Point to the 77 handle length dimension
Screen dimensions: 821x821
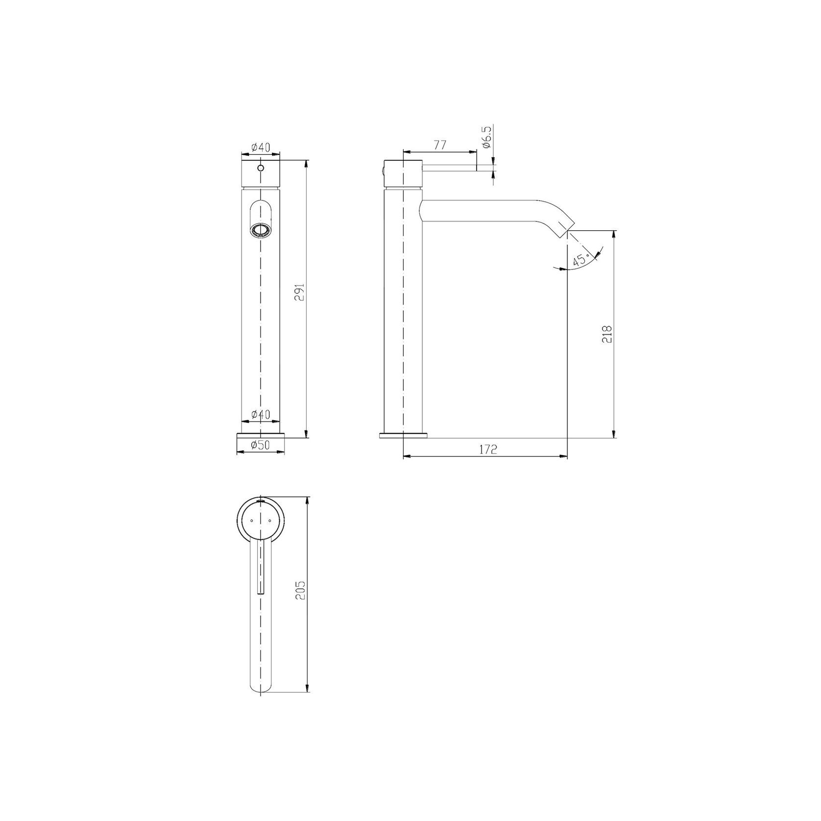(x=439, y=145)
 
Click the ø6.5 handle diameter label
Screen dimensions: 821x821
(x=487, y=139)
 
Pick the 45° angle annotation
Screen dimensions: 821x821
(x=580, y=261)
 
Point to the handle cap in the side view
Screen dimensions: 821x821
(x=403, y=173)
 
